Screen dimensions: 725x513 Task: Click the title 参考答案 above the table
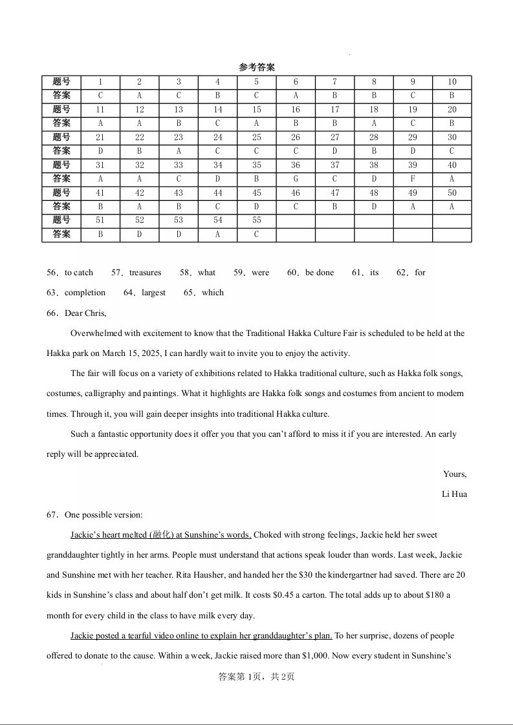(x=257, y=67)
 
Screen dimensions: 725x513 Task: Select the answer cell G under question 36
(x=296, y=179)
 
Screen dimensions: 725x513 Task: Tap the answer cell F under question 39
(x=413, y=179)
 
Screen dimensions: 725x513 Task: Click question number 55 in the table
(x=256, y=220)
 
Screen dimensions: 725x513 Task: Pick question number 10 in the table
(x=452, y=82)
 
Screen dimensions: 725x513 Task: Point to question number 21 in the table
(x=100, y=138)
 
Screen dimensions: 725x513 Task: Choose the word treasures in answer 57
(x=145, y=273)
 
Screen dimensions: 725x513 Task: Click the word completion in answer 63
(x=85, y=293)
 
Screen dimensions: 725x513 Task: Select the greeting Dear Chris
(x=85, y=313)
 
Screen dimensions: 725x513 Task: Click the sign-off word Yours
(x=455, y=474)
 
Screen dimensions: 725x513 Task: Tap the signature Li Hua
(x=454, y=494)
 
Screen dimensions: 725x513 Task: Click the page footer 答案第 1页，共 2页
(x=256, y=677)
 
